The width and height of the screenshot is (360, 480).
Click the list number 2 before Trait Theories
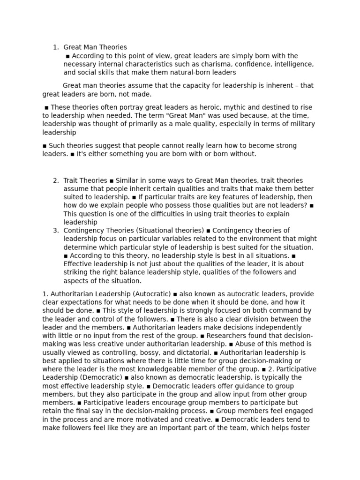(x=55, y=180)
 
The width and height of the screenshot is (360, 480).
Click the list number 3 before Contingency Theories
(x=55, y=231)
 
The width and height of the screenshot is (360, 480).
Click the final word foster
(x=300, y=428)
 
